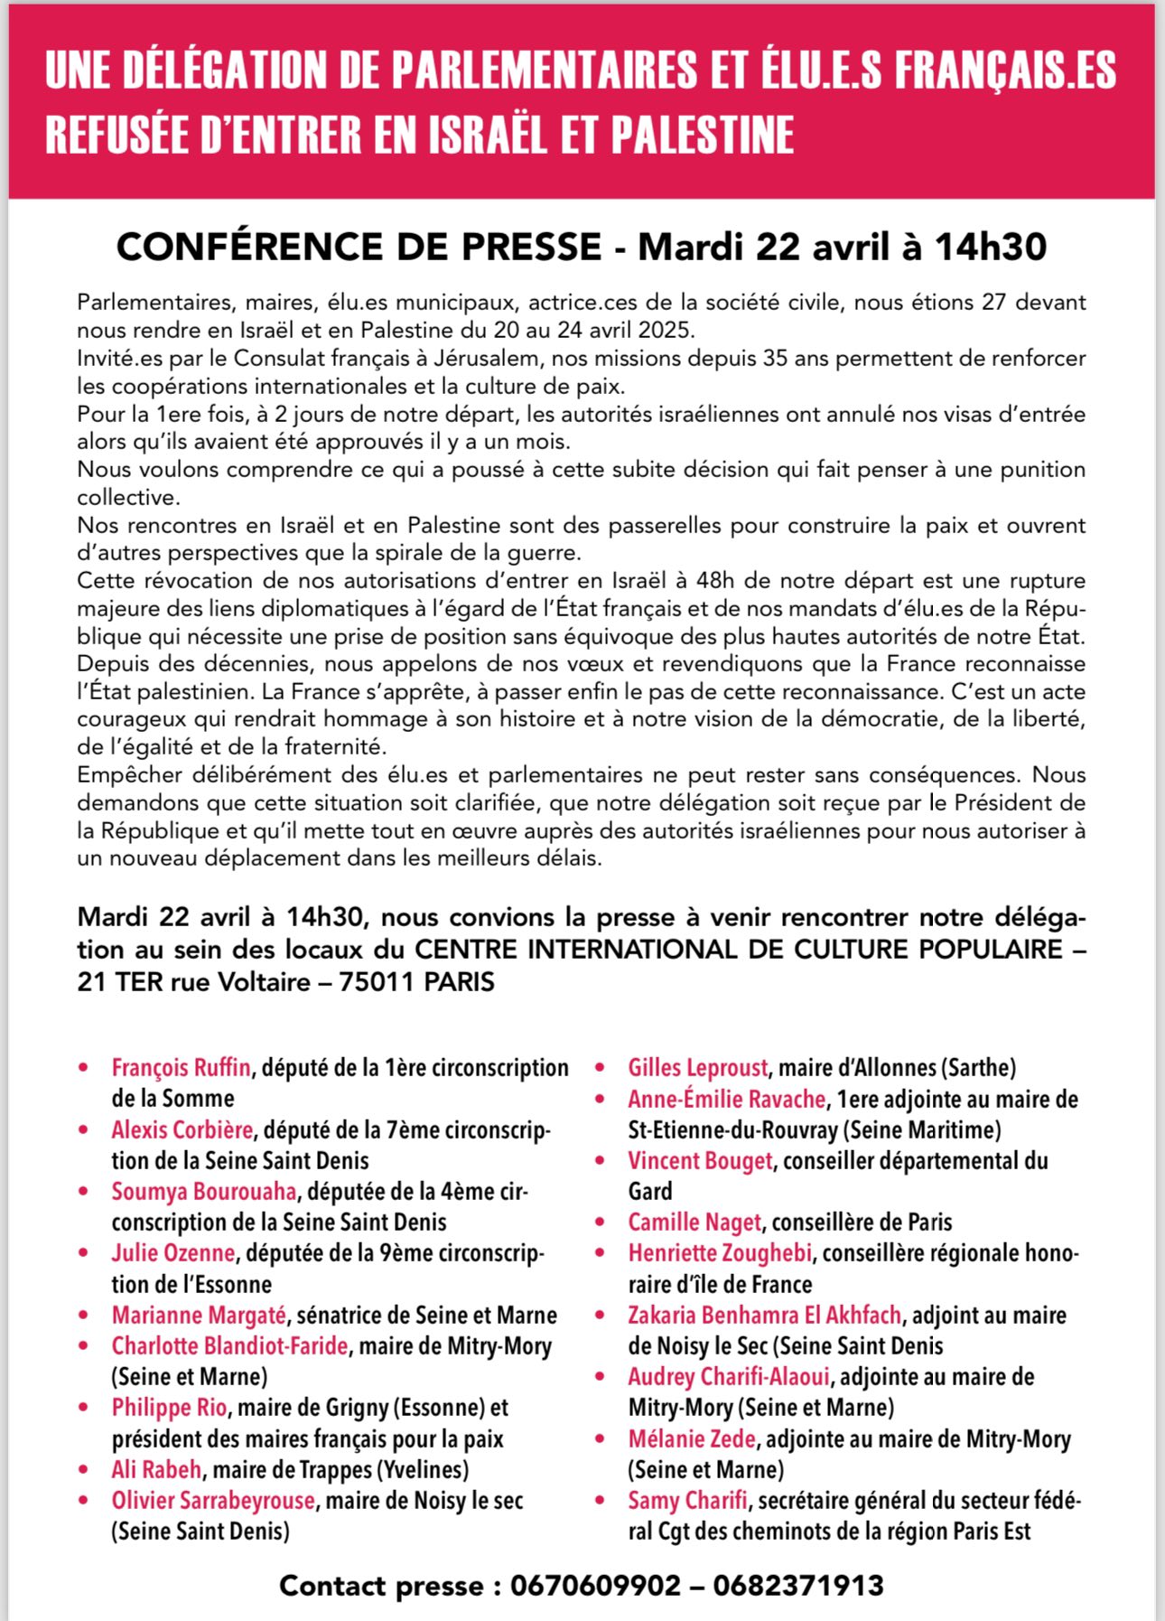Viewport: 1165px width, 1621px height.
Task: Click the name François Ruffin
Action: tap(181, 1068)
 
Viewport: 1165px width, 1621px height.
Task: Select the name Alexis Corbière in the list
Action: tap(182, 1129)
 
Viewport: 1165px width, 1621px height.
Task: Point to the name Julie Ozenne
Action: tap(172, 1253)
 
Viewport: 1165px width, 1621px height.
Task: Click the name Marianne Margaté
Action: tap(199, 1315)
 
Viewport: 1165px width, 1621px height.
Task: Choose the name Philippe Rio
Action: tap(169, 1408)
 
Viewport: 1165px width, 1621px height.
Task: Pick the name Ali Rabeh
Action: tap(156, 1469)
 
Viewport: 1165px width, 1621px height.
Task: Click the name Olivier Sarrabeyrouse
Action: tap(213, 1501)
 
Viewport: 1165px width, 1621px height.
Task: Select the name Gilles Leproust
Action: tap(698, 1068)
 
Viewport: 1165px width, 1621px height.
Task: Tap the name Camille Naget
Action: tap(694, 1223)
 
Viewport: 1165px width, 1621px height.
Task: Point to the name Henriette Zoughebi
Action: tap(721, 1253)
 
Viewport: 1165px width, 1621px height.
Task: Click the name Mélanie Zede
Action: tap(692, 1438)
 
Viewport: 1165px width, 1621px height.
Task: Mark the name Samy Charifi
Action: tap(687, 1501)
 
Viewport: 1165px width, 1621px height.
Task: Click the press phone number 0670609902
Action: tap(595, 1585)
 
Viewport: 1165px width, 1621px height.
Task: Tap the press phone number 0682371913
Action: tap(798, 1585)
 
